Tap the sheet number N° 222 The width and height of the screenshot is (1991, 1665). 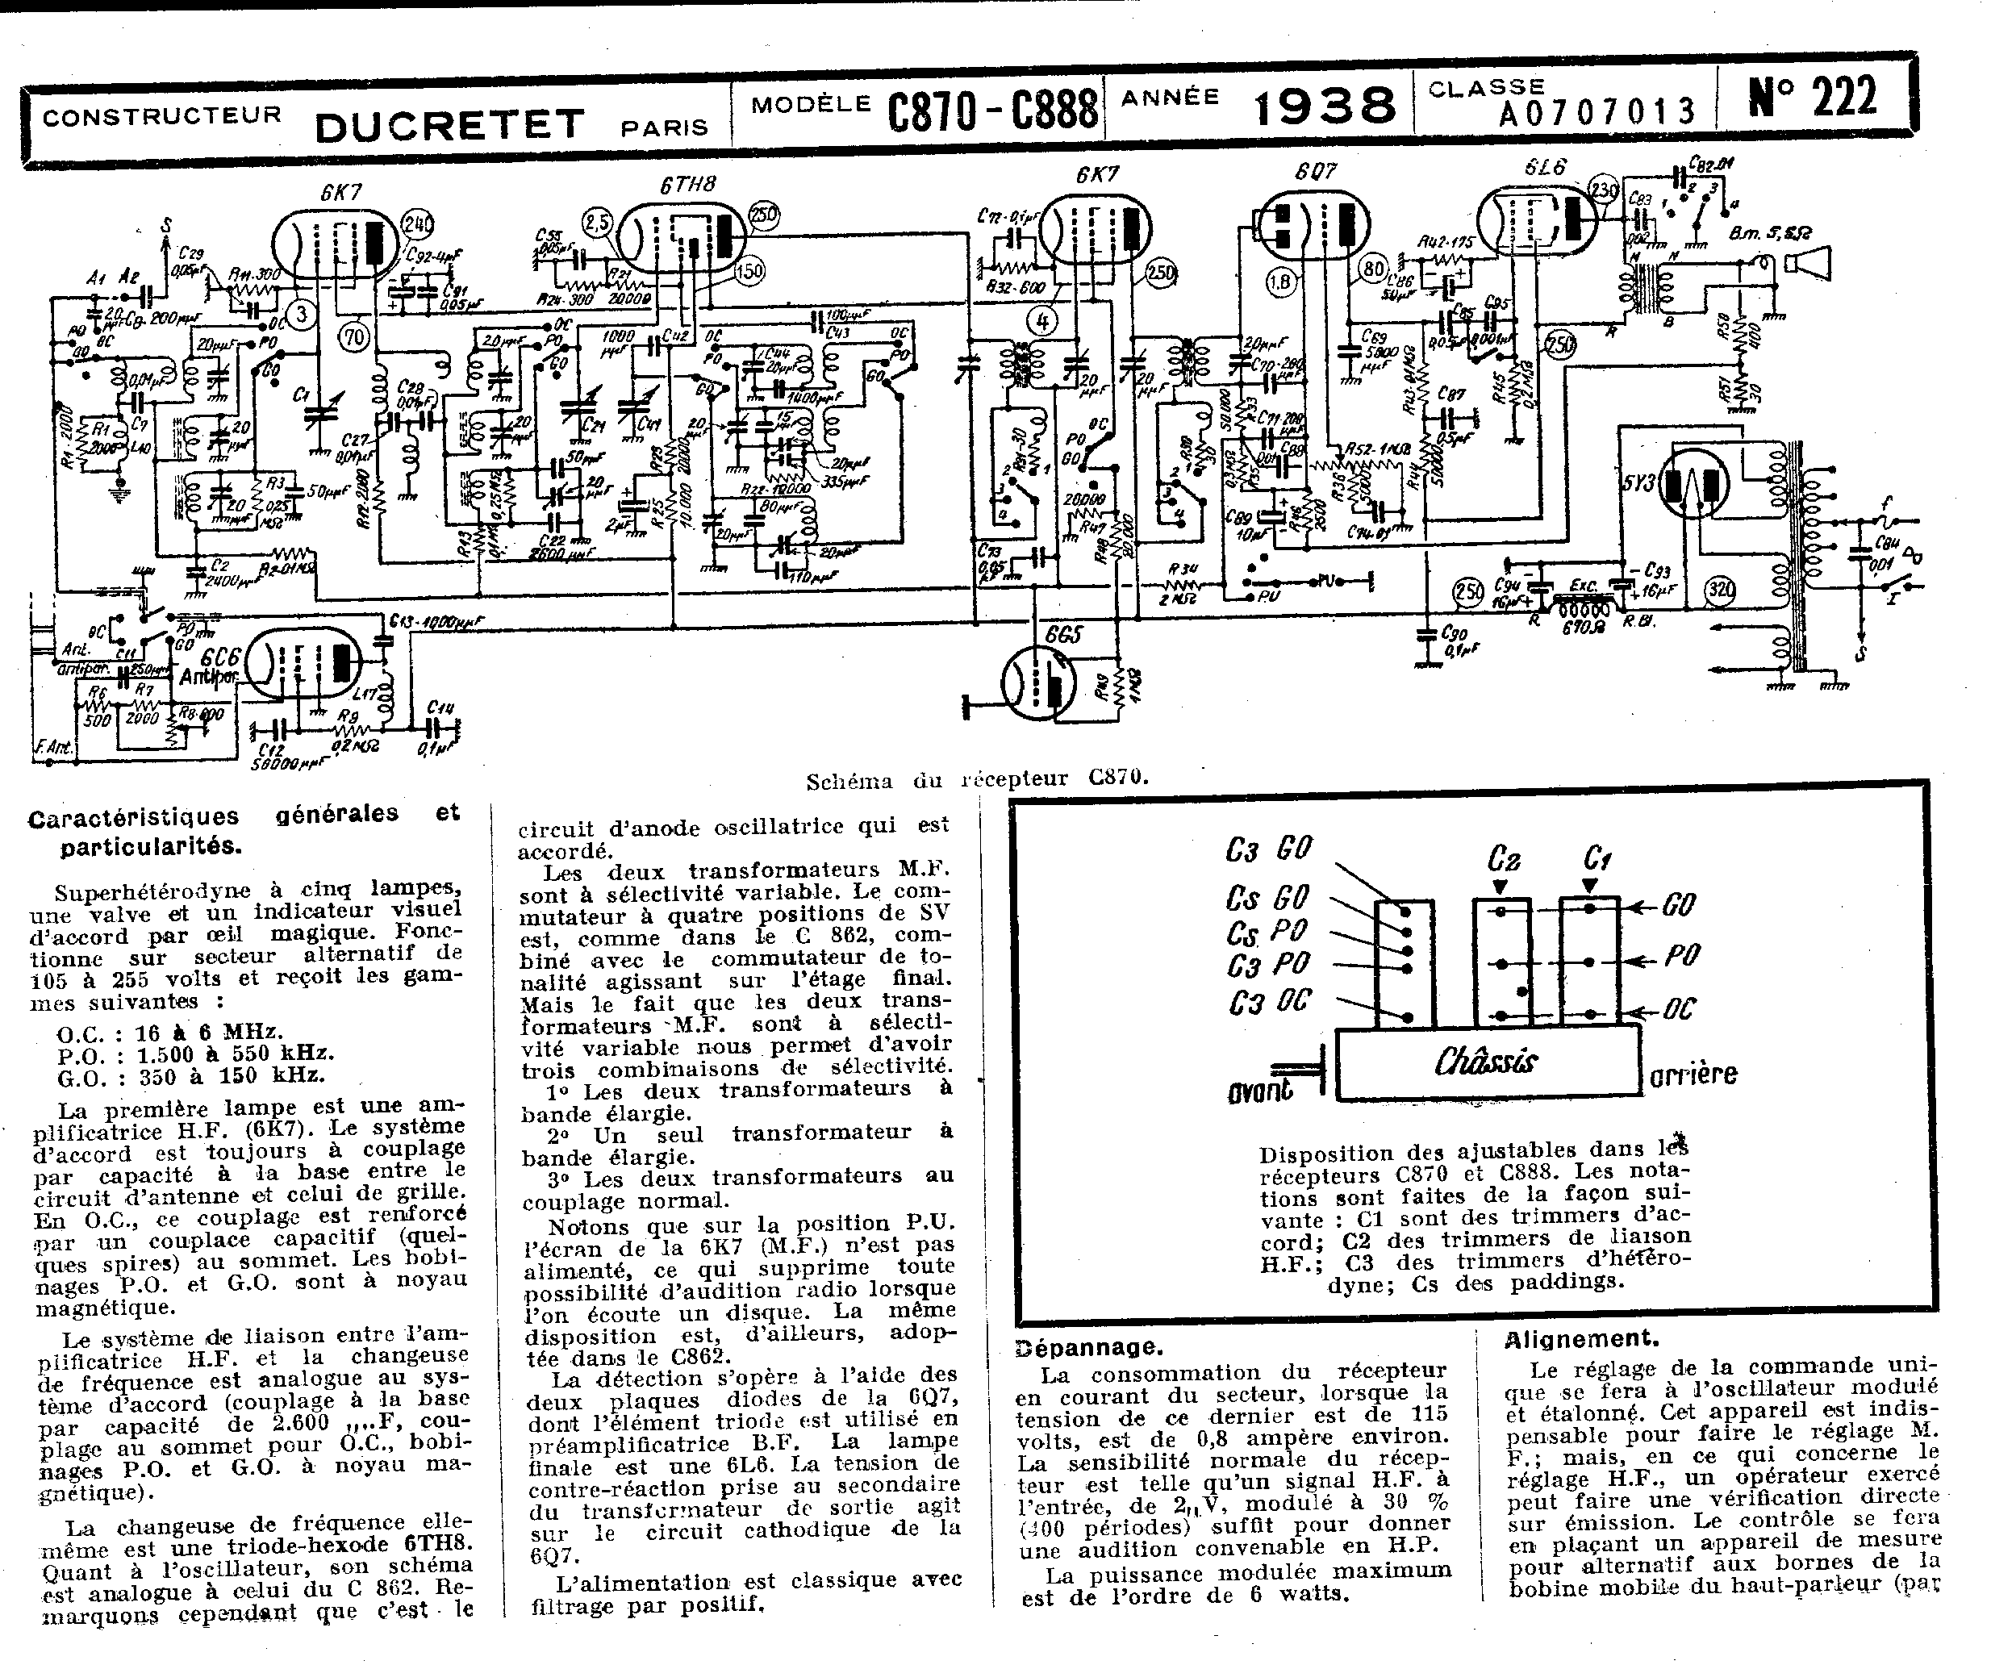(1813, 97)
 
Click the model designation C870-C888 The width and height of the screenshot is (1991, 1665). (992, 110)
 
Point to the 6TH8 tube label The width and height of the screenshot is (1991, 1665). (687, 185)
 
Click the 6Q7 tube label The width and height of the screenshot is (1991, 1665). (1315, 172)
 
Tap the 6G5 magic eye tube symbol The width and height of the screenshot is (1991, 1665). (1038, 682)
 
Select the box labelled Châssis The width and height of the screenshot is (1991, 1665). (1487, 1062)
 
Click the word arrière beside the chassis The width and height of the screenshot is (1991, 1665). (1693, 1075)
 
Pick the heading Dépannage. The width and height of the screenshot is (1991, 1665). (1088, 1347)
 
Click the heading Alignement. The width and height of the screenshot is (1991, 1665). (1581, 1339)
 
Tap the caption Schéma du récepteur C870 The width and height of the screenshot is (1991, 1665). (976, 779)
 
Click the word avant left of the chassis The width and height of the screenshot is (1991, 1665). (1259, 1091)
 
